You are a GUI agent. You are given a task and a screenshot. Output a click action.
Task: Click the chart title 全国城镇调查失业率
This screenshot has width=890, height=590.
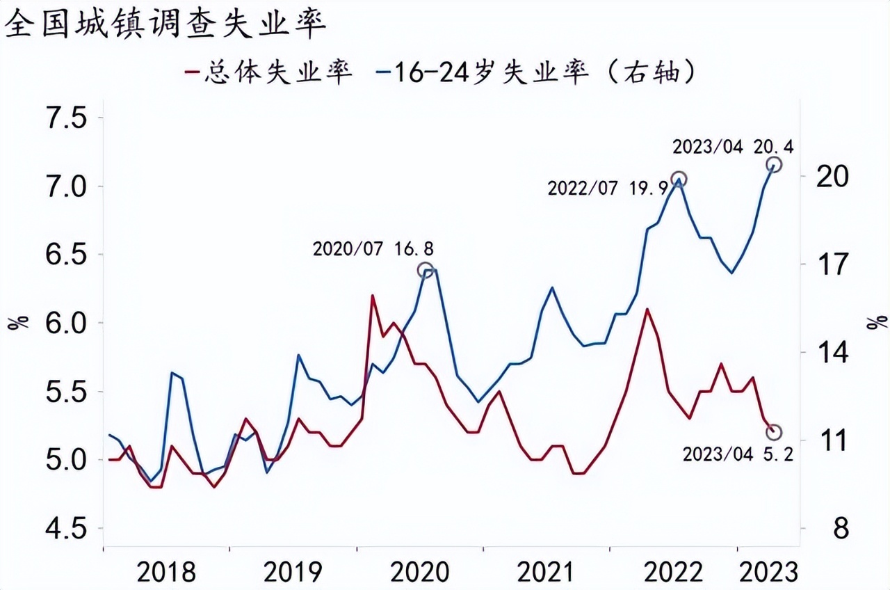pyautogui.click(x=165, y=26)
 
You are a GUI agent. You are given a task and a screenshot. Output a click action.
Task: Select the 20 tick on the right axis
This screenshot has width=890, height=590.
pyautogui.click(x=832, y=177)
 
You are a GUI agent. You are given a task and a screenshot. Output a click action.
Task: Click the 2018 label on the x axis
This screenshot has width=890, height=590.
pyautogui.click(x=166, y=572)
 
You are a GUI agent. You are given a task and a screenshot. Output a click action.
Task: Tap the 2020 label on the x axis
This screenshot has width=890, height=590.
pyautogui.click(x=420, y=572)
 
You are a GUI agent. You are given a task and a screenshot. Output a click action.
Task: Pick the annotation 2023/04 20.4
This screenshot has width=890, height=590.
pyautogui.click(x=733, y=147)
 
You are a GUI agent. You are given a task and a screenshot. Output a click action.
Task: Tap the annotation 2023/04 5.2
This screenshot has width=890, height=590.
pyautogui.click(x=738, y=454)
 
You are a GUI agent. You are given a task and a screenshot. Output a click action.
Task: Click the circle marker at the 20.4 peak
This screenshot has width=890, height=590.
pyautogui.click(x=774, y=164)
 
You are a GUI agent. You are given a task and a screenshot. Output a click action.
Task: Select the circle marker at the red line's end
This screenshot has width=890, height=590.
pyautogui.click(x=774, y=432)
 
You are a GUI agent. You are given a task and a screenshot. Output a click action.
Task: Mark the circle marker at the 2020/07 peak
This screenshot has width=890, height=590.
pyautogui.click(x=426, y=270)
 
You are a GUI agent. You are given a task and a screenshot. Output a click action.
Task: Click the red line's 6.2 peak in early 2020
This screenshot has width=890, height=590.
pyautogui.click(x=373, y=296)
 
